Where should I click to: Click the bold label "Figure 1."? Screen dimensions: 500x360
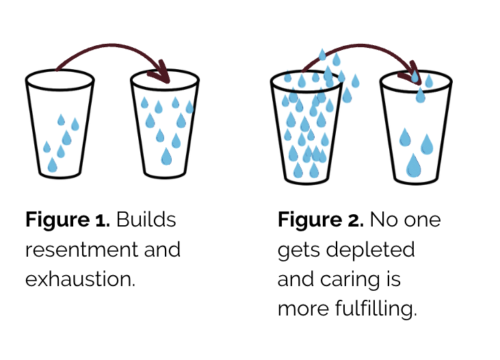(x=68, y=220)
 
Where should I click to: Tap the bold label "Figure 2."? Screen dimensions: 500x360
(x=321, y=220)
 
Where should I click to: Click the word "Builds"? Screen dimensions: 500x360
(x=146, y=219)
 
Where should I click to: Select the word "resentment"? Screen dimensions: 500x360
(x=81, y=250)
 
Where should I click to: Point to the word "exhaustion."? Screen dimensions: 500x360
(x=80, y=279)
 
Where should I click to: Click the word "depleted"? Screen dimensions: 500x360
(x=370, y=250)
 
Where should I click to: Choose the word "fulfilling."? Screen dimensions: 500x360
(x=376, y=309)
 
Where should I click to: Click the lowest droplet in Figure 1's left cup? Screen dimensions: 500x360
(x=52, y=165)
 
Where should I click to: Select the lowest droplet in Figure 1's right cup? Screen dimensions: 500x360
(x=166, y=156)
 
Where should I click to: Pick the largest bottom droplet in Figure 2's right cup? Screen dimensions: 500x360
(x=414, y=166)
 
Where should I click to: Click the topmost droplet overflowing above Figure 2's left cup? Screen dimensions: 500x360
(x=322, y=55)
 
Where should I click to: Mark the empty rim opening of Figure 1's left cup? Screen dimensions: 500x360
(x=60, y=80)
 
